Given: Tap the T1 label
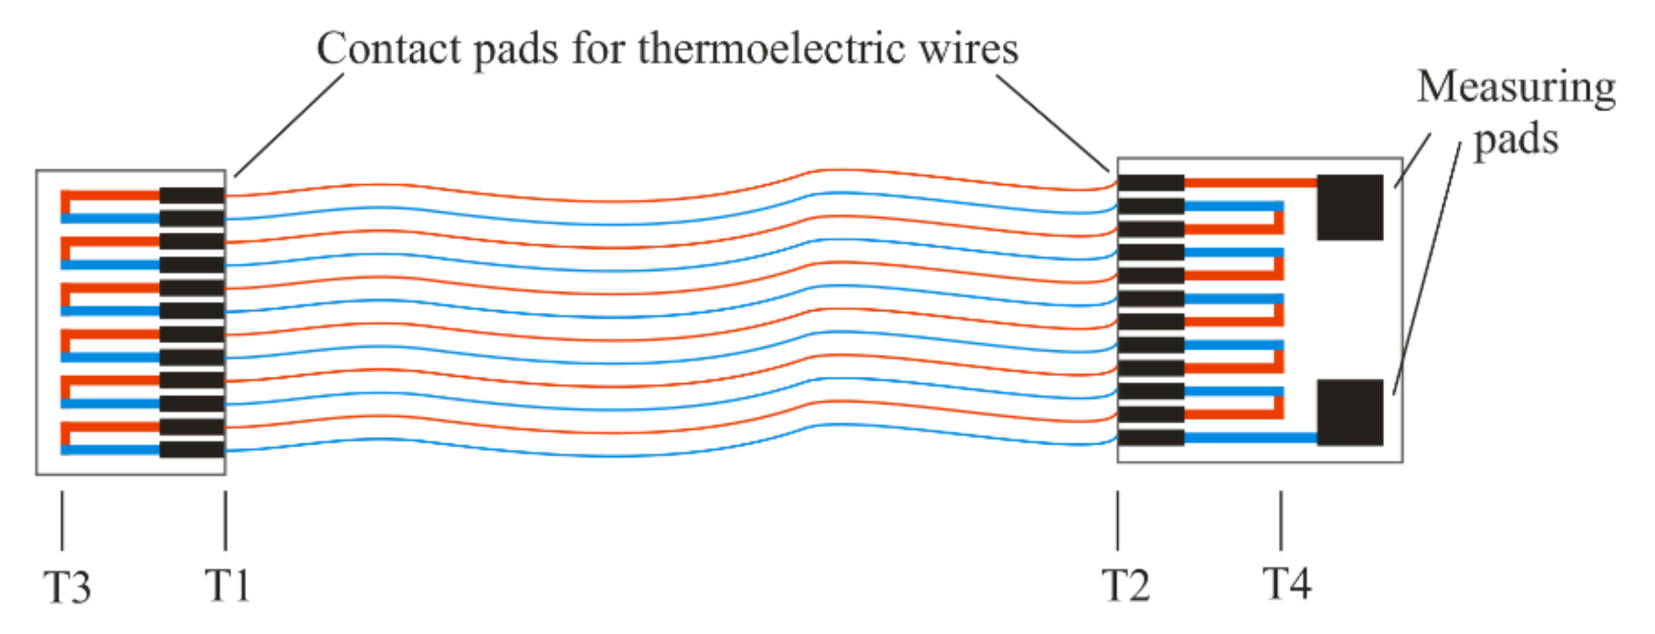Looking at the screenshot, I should coord(227,585).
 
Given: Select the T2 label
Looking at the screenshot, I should coord(1125,585).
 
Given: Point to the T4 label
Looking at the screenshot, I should coord(1286,584).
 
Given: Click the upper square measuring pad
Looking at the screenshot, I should coord(1349,207).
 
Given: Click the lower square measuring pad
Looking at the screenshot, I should coord(1349,412).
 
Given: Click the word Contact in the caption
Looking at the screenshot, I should coord(389,49).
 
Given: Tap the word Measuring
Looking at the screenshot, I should coord(1516,88).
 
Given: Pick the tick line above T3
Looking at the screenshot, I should coord(62,520).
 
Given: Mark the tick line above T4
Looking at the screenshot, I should coord(1281,520).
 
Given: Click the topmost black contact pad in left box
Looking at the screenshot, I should coord(192,196).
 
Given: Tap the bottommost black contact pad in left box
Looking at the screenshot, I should coord(192,449).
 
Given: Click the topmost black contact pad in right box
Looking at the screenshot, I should coord(1151,183).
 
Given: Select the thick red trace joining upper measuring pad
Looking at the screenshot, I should coord(1250,183).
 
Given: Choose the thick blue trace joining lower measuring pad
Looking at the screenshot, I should coord(1250,438).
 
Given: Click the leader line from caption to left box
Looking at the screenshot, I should coord(290,125).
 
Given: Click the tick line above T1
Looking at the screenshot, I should coord(225,520).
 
